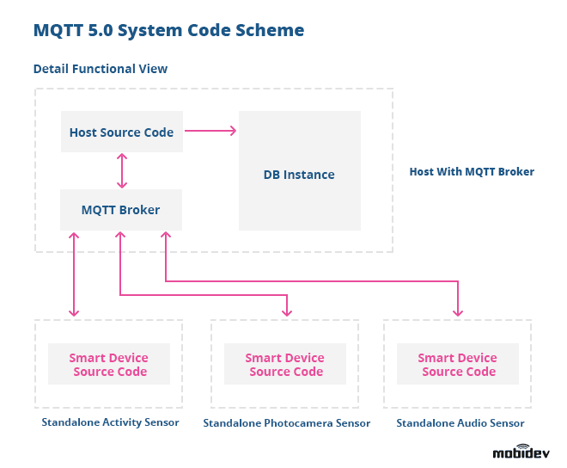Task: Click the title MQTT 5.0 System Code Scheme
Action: coord(168,30)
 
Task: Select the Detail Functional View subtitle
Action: coord(100,69)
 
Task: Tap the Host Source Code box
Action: coord(121,132)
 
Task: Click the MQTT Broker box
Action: coord(120,210)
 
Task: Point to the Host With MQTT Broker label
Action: coord(472,172)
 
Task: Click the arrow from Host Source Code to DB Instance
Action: coord(210,131)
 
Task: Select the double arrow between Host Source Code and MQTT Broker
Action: coord(122,170)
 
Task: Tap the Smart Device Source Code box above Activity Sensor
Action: coord(109,365)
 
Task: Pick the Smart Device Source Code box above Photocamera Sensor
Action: coord(285,365)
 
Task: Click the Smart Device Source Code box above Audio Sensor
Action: coord(458,365)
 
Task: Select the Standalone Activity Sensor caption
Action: coord(110,422)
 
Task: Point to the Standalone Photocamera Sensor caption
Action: coord(286,423)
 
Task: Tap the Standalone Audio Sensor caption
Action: coord(460,423)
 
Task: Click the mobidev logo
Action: coord(521,452)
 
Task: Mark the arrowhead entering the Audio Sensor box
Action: coord(458,311)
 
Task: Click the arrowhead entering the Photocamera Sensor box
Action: coord(287,311)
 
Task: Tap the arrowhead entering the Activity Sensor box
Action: coord(76,311)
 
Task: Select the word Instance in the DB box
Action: coord(309,175)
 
